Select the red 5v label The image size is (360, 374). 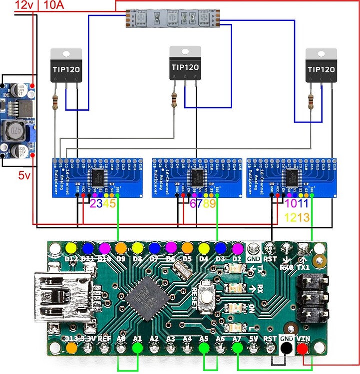(24, 176)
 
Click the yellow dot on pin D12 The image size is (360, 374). (71, 248)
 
